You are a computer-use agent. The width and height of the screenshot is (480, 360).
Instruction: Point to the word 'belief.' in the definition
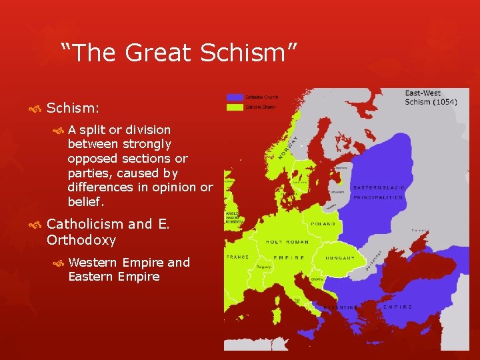pos(87,201)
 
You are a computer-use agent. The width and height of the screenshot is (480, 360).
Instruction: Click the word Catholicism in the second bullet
pos(85,224)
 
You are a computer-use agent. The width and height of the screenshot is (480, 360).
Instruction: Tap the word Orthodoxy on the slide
pos(81,240)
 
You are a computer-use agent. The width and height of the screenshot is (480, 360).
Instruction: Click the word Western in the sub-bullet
pos(95,262)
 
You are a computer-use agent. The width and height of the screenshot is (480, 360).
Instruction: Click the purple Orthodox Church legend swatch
pos(235,97)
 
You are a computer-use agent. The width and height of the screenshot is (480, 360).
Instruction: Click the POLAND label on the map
pos(324,224)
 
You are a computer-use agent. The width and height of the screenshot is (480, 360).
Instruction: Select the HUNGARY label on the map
pos(341,257)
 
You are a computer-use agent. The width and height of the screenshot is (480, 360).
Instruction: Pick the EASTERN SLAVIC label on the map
pos(378,188)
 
